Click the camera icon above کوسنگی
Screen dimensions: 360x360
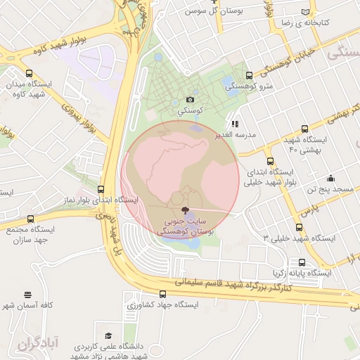[x=191, y=101]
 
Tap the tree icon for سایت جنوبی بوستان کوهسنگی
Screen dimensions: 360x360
[x=185, y=210]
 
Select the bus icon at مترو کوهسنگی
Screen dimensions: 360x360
[x=249, y=75]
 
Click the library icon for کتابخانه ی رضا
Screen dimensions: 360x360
[x=304, y=12]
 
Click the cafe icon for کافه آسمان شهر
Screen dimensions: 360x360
[x=27, y=295]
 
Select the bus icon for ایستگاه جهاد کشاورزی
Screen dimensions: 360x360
[x=163, y=294]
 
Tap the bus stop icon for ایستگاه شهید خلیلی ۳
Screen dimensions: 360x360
[x=300, y=227]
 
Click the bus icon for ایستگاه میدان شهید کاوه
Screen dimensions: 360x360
[x=30, y=73]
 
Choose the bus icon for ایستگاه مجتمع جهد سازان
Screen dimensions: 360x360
[x=30, y=219]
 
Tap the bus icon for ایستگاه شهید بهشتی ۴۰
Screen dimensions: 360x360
[x=304, y=129]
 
